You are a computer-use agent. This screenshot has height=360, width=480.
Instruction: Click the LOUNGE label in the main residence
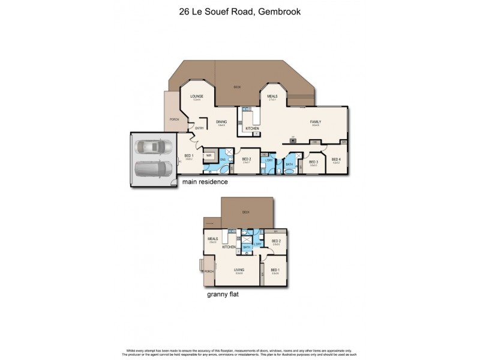(196, 97)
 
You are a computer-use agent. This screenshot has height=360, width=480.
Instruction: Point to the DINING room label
(221, 122)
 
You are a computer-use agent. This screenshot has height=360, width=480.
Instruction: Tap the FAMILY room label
(315, 122)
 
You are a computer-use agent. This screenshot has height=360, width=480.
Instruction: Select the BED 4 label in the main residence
(336, 160)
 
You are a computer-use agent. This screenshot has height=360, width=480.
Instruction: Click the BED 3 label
(313, 161)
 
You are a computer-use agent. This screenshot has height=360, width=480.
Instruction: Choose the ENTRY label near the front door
(199, 128)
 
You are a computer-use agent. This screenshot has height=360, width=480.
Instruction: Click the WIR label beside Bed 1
(209, 155)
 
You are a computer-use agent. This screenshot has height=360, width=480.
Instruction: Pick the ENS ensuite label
(222, 160)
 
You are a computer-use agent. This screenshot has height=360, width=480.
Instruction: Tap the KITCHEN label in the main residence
(252, 129)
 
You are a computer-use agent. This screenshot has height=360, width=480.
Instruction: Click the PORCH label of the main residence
(174, 119)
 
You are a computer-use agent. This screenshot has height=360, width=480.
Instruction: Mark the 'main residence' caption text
(206, 182)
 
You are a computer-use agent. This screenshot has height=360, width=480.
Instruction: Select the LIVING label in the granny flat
(238, 270)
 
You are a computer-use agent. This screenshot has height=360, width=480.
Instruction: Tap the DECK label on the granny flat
(245, 212)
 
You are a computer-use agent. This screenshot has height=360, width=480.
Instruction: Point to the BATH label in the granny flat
(246, 247)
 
